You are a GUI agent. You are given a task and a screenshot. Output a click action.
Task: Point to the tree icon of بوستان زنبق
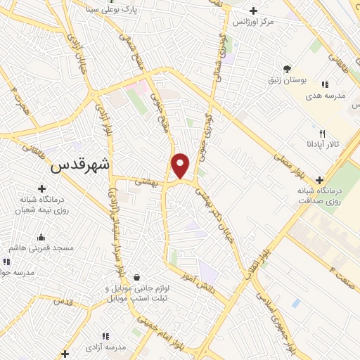point(287,68)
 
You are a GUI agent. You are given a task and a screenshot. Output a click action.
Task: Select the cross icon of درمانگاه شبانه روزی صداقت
point(320,179)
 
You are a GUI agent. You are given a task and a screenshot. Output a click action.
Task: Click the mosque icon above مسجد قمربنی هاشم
point(41,237)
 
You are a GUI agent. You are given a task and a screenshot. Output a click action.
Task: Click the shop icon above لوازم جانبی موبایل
point(136,276)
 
